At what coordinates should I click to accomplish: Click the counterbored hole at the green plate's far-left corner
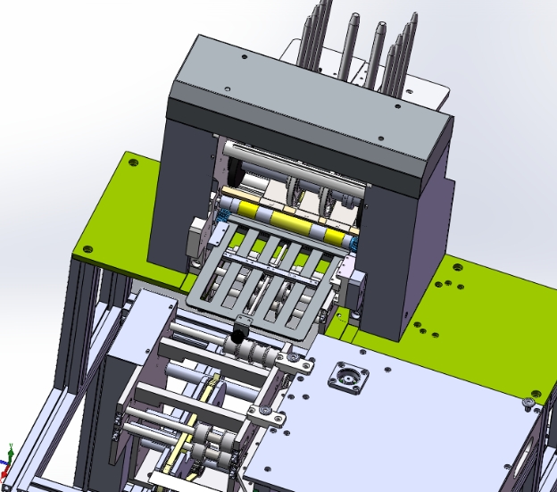(133, 163)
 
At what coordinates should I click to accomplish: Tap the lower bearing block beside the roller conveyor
(265, 414)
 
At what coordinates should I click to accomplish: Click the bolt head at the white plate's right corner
(529, 402)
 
